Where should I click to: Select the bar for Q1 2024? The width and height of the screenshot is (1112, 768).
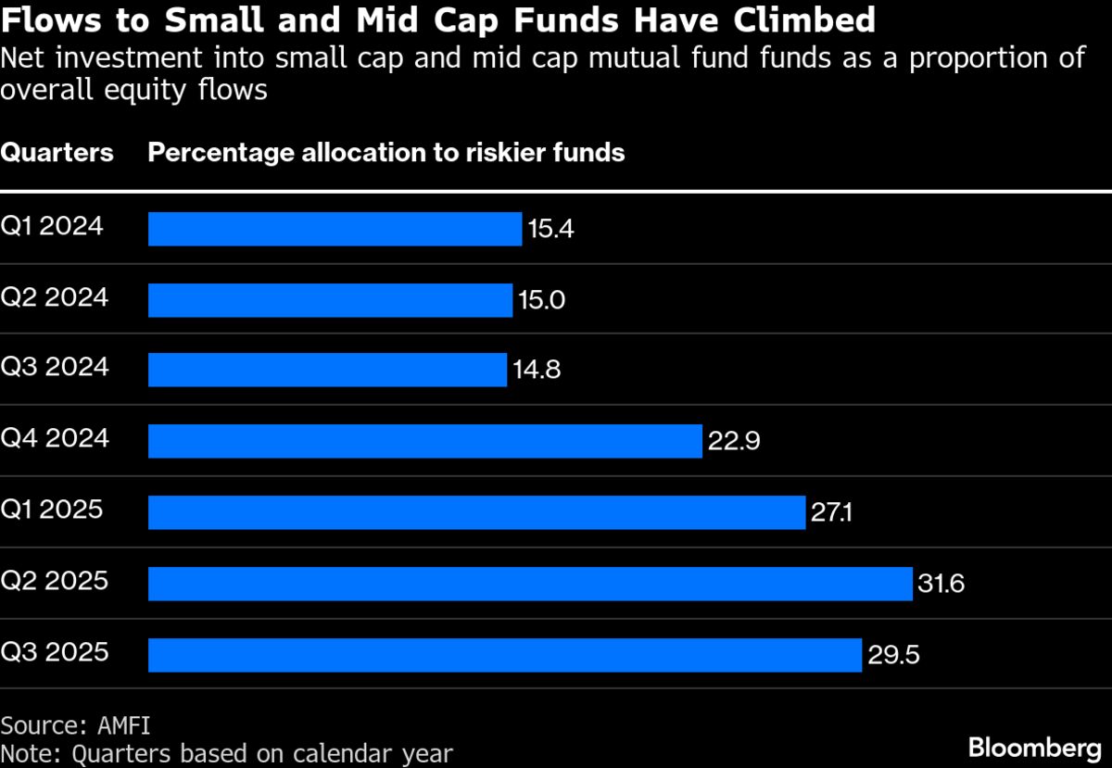335,229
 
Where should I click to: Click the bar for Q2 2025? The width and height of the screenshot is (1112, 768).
530,584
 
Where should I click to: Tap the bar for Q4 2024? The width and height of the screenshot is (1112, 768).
424,441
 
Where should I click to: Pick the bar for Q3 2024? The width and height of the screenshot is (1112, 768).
327,370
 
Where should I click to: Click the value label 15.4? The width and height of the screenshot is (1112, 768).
550,229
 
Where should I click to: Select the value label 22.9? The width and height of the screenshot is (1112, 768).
734,442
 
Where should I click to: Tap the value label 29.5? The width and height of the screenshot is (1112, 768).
893,655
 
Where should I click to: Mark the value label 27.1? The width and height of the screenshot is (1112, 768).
831,513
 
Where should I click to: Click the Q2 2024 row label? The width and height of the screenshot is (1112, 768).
55,298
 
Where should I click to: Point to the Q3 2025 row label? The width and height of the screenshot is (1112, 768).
55,652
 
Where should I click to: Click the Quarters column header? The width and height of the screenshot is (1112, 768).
57,153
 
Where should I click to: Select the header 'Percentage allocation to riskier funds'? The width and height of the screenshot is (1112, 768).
386,153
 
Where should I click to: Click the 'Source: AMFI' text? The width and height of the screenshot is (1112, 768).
75,724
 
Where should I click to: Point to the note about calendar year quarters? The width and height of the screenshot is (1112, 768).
227,752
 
